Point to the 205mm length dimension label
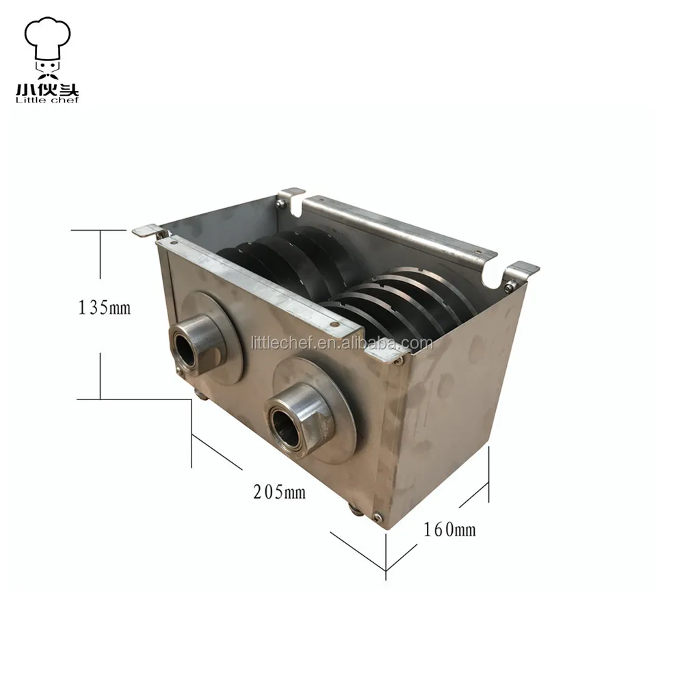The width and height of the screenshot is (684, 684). [279, 490]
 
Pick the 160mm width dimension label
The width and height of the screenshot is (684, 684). [449, 528]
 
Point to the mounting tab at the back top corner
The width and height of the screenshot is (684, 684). [292, 193]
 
